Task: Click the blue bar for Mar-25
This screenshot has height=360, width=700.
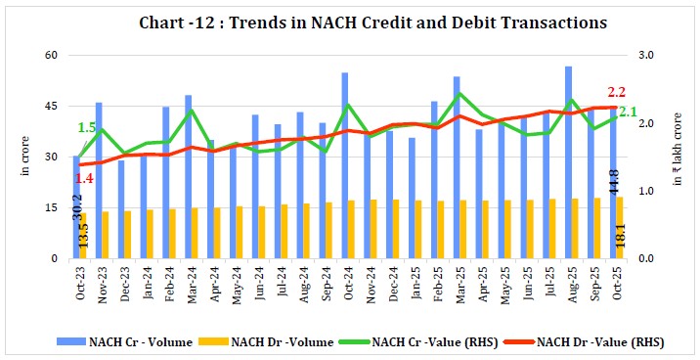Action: (x=457, y=166)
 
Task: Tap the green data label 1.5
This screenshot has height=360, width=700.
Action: (x=87, y=127)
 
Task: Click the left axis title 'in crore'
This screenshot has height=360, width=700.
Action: (x=22, y=157)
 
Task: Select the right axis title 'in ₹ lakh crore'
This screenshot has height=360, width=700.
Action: (x=675, y=157)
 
